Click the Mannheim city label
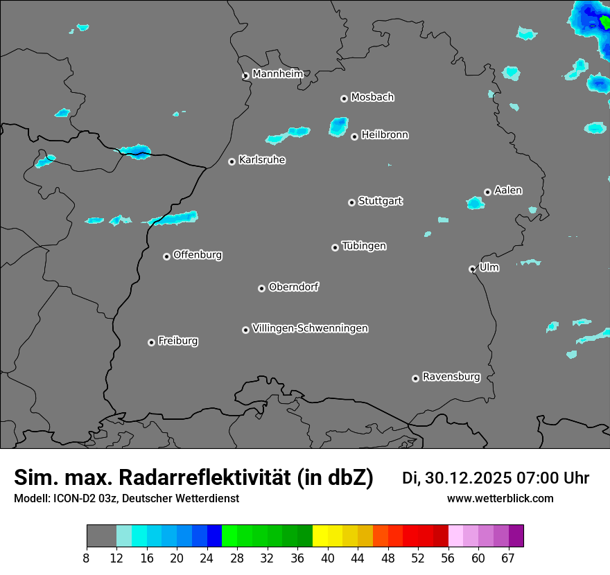[277, 74]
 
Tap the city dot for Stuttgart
[352, 202]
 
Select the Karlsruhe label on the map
[262, 160]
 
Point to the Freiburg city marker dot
[151, 342]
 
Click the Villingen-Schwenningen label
[310, 328]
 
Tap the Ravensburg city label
[451, 377]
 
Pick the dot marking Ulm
[472, 269]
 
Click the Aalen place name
[508, 191]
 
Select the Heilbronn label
[385, 135]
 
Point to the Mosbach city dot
[344, 98]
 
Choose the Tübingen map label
[364, 246]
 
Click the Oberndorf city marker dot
[261, 288]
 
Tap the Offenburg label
[198, 255]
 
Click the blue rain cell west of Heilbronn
[338, 126]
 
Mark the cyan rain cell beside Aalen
[475, 203]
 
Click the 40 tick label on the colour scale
[328, 558]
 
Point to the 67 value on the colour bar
[507, 558]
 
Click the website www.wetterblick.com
[500, 498]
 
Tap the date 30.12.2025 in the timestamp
[468, 478]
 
